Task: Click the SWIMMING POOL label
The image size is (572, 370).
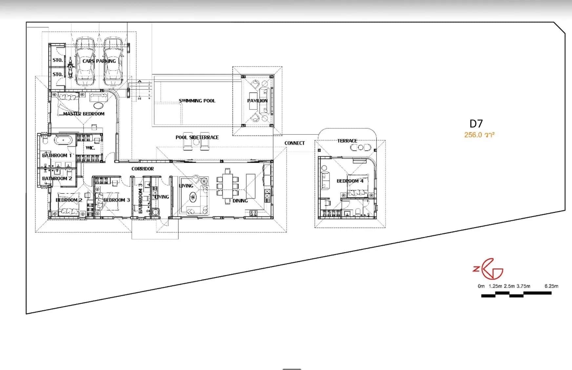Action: pos(197,101)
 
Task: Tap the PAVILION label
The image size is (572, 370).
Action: pos(257,101)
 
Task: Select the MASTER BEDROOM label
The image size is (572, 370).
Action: pos(84,114)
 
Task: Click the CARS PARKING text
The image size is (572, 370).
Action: pos(99,61)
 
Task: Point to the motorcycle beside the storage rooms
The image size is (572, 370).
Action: pos(70,67)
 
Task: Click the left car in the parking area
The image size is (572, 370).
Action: pos(85,61)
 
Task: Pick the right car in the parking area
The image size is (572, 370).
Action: pos(113,61)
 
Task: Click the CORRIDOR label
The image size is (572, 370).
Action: pos(142,169)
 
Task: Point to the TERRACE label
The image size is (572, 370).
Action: pos(347,141)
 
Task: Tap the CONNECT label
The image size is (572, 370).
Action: pos(295,143)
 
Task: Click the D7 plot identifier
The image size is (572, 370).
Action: pos(476,124)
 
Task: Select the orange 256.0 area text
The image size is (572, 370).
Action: pos(479,134)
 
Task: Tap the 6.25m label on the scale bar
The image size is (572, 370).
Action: pos(551,286)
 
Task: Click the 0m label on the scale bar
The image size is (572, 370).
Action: pos(481,286)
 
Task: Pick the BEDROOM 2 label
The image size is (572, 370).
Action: pos(69,200)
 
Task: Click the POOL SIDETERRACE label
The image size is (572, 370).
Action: pos(197,137)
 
